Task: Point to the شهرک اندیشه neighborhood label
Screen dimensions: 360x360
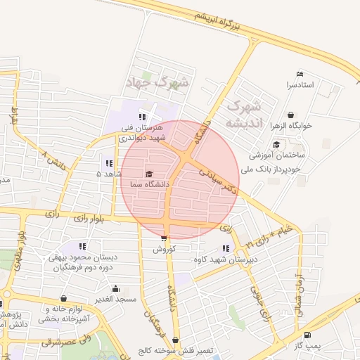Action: click(x=243, y=115)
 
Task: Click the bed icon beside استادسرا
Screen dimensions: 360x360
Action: click(x=300, y=75)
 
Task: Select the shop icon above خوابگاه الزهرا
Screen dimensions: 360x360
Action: click(x=291, y=115)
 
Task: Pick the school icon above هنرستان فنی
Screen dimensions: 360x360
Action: click(x=142, y=117)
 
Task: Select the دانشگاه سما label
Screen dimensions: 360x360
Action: click(x=148, y=184)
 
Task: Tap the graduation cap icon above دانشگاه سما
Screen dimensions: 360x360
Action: click(x=148, y=174)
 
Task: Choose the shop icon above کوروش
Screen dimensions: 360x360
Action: click(x=164, y=239)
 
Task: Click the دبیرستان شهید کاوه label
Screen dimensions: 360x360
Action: click(x=221, y=259)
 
